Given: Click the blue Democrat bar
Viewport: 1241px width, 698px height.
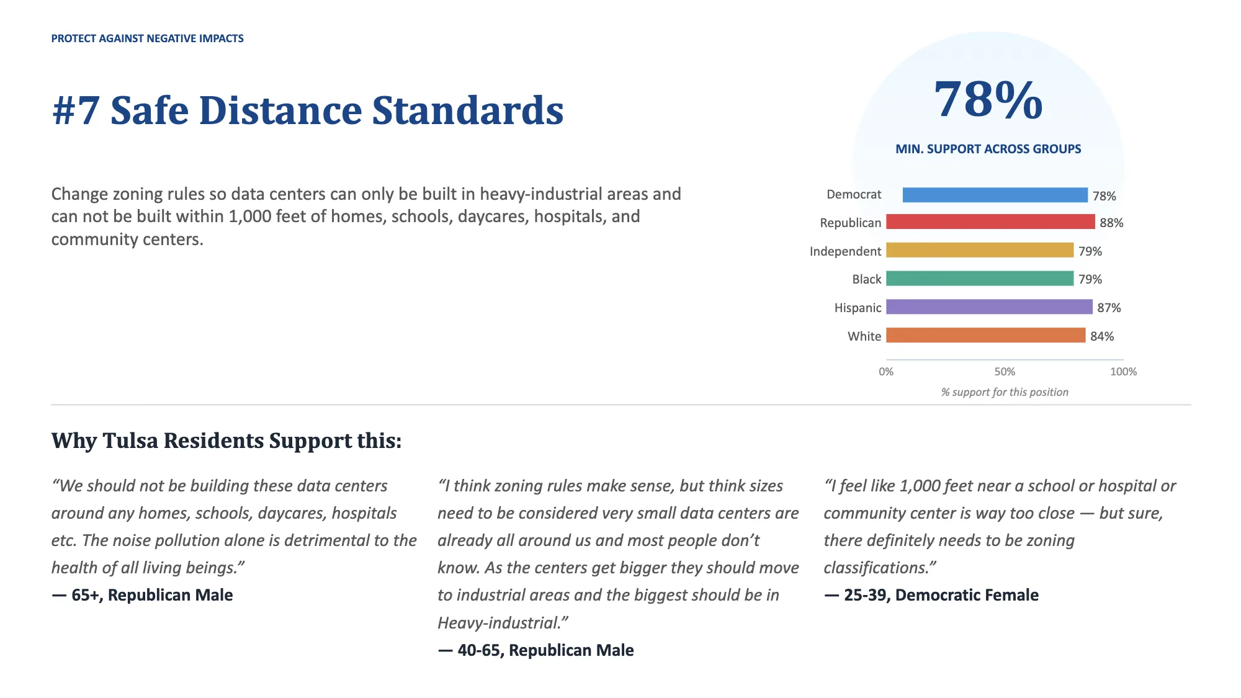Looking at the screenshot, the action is click(995, 195).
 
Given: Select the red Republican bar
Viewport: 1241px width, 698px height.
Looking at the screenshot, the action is click(990, 221).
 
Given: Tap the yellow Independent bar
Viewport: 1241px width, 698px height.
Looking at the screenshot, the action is click(980, 250).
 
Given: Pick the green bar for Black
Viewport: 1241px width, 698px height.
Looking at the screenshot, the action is click(980, 279).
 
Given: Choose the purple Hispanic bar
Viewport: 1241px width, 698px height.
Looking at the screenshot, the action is click(989, 306).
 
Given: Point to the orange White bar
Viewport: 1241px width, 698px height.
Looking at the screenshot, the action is click(986, 335).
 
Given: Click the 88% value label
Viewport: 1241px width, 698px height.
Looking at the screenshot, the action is click(1111, 223).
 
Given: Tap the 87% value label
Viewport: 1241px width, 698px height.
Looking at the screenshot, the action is click(1109, 308).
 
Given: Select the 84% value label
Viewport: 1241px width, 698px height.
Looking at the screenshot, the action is click(1102, 336).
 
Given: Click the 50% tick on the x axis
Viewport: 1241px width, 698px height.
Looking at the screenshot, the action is click(1005, 372).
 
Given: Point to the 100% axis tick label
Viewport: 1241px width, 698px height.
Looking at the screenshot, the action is click(1123, 372).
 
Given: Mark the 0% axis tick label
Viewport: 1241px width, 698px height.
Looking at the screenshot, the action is click(886, 372).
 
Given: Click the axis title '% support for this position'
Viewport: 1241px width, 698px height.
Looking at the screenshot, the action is click(1005, 392).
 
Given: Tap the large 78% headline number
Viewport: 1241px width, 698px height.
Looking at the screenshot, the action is click(988, 99).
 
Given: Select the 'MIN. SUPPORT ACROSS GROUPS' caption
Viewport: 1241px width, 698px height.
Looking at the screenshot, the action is click(988, 149).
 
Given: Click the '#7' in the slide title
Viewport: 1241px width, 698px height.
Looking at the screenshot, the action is click(76, 110).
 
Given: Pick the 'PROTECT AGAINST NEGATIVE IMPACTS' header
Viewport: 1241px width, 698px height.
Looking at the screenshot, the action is click(147, 38).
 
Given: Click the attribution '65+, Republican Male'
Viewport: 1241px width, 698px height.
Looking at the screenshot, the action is click(152, 595).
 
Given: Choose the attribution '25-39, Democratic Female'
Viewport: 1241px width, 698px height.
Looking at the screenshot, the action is click(941, 595).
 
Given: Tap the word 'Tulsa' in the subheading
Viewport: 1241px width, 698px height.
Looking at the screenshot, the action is click(130, 441).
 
